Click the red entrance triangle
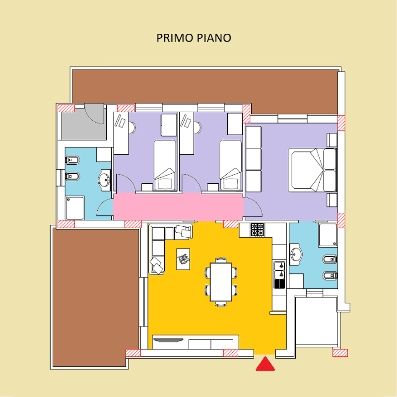point(265,365)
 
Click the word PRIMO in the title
point(175,38)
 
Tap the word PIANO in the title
point(214,38)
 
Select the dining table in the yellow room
point(221,282)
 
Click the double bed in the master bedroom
point(313,170)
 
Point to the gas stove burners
point(257,230)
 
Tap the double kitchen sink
point(279,270)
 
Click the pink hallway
point(178,206)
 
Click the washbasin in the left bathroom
point(104,180)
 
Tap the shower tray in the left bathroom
point(75,208)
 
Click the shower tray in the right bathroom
point(328,235)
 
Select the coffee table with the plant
point(183,259)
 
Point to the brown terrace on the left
point(96,297)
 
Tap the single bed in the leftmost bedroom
point(165,165)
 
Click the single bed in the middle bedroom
point(231,165)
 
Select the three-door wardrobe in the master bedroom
point(254,159)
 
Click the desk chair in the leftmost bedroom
point(132,128)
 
